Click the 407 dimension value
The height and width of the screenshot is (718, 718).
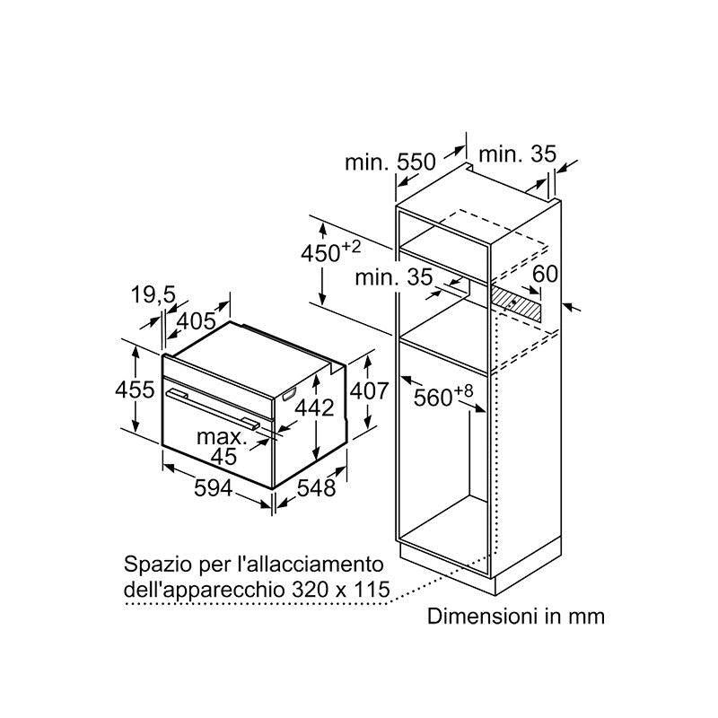click(x=369, y=391)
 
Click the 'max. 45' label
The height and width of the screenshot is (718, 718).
click(x=222, y=446)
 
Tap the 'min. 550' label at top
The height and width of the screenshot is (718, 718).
click(x=390, y=162)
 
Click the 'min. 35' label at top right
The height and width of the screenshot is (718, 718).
click(x=518, y=154)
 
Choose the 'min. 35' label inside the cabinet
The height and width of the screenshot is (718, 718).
click(x=392, y=277)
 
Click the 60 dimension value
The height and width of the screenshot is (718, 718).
click(x=546, y=274)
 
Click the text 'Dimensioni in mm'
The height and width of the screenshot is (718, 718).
click(x=516, y=617)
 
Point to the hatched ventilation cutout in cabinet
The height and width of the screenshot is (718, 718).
click(x=518, y=305)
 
